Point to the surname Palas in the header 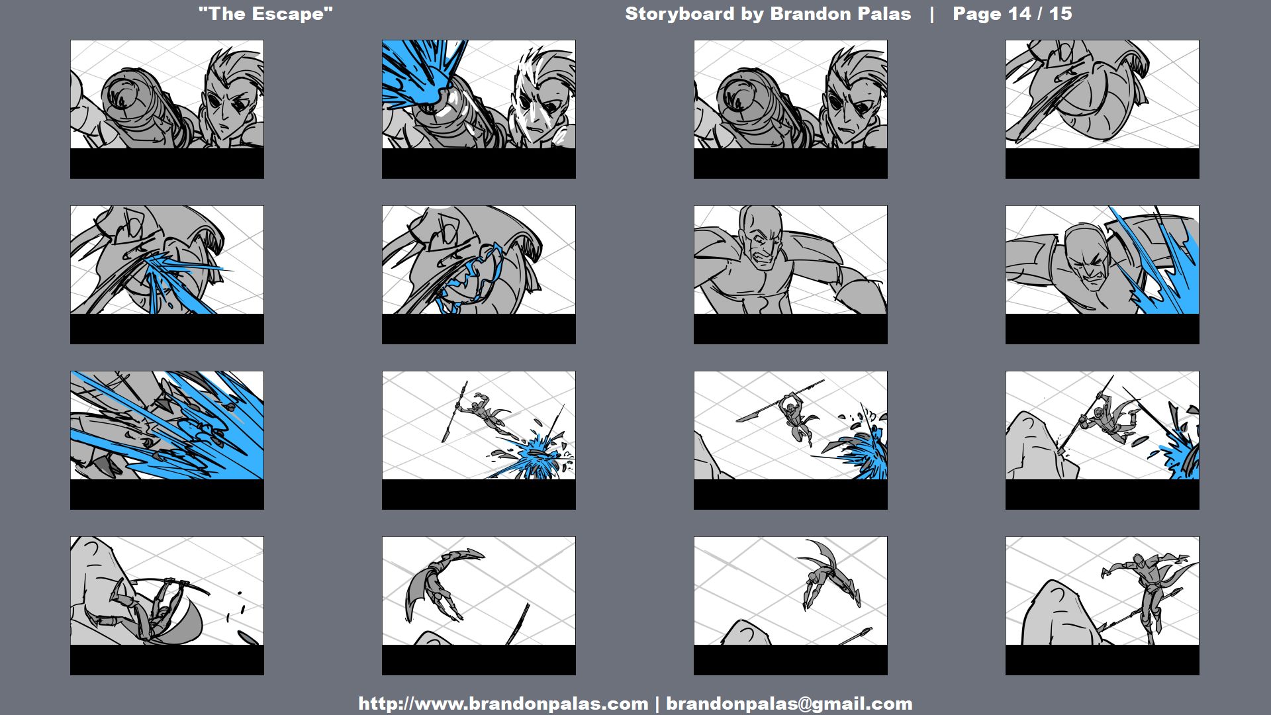tap(882, 14)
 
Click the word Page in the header tap(978, 14)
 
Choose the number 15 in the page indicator tap(1060, 14)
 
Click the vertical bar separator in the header tap(932, 14)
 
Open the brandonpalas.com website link tap(503, 703)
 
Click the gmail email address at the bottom tap(789, 703)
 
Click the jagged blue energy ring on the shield tap(470, 278)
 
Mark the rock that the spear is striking tap(1039, 447)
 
